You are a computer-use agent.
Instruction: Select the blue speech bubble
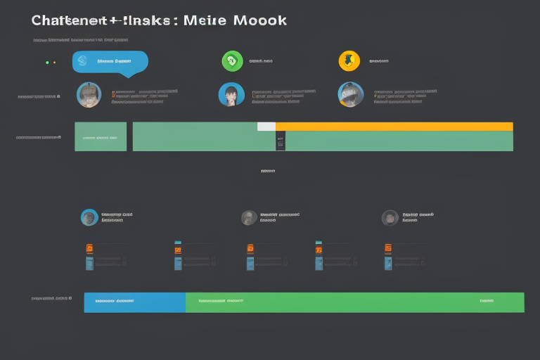click(110, 62)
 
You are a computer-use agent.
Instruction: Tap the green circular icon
click(232, 61)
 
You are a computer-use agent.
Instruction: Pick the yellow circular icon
click(349, 60)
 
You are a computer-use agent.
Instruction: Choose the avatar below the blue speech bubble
click(89, 95)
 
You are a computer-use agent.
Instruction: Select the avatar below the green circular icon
click(231, 95)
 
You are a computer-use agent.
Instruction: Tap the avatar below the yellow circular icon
click(350, 95)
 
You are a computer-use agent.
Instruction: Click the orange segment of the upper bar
click(394, 127)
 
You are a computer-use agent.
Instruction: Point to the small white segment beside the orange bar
click(266, 127)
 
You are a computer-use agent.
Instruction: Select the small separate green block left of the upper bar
click(101, 136)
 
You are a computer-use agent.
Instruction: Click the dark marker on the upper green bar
click(281, 141)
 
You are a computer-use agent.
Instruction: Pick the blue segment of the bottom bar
click(134, 302)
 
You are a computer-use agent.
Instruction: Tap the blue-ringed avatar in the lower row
click(89, 217)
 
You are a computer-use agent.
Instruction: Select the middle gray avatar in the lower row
click(249, 218)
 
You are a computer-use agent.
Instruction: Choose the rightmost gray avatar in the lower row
click(390, 218)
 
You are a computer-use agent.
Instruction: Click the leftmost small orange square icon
click(89, 248)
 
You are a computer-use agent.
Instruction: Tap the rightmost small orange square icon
click(388, 248)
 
